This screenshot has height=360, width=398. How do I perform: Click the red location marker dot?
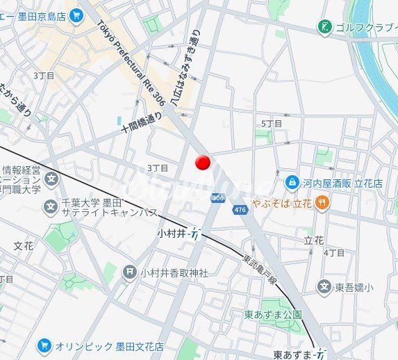point(202,162)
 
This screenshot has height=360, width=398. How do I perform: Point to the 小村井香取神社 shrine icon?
point(129,272)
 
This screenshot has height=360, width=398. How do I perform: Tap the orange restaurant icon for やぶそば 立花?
point(322,203)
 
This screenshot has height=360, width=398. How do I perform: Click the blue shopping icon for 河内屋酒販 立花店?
point(292,183)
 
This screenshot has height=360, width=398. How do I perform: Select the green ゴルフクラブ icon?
point(324,27)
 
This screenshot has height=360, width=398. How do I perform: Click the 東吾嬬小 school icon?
point(324,286)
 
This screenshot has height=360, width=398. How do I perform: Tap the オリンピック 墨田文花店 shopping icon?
point(44,345)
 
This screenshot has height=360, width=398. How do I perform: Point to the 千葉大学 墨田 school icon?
point(51,206)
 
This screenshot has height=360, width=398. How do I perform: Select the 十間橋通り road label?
point(141,122)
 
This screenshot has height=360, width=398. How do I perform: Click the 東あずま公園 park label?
point(273,314)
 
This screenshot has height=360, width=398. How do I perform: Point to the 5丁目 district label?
point(272,123)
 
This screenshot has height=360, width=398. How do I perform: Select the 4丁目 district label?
point(334,252)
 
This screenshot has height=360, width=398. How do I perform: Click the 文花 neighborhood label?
point(24,245)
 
